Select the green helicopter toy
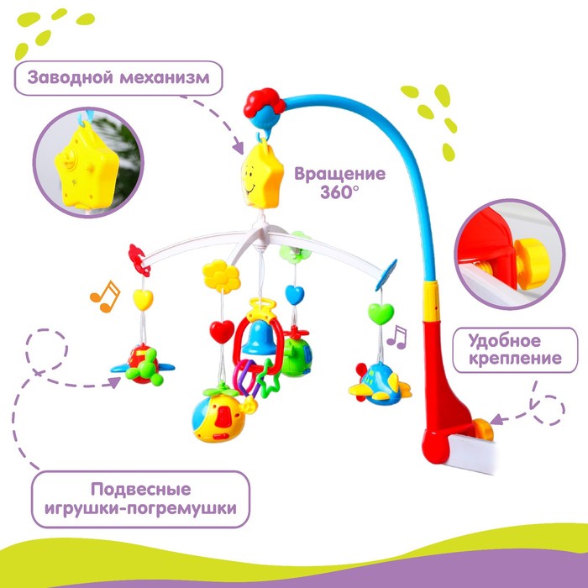tap(297, 355)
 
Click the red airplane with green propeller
tap(144, 363)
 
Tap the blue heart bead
tap(293, 295)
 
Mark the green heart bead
tap(381, 314)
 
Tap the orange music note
tap(104, 296)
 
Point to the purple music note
tap(396, 337)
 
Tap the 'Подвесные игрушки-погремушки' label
tap(141, 498)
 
